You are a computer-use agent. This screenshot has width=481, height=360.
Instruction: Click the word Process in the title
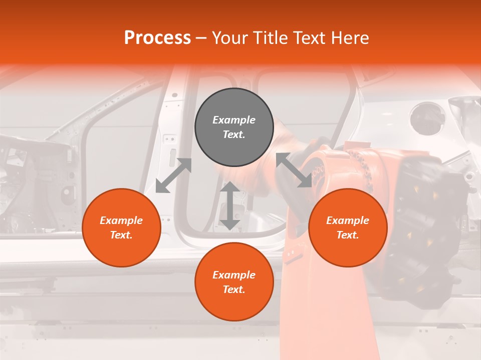(x=157, y=38)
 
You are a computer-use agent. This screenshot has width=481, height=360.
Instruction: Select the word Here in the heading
(x=350, y=38)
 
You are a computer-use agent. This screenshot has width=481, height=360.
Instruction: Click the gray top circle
(x=234, y=127)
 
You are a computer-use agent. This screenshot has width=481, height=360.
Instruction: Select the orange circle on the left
(x=121, y=227)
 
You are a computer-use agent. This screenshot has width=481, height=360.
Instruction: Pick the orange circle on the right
(x=348, y=227)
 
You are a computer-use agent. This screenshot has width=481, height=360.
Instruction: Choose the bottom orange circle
(x=234, y=281)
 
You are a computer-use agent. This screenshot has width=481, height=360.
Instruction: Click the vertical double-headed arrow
(x=229, y=205)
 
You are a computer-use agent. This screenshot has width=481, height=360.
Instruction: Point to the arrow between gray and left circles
(x=173, y=175)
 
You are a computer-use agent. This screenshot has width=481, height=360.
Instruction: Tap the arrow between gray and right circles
(x=294, y=170)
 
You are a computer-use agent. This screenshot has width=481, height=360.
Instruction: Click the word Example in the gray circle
(x=234, y=120)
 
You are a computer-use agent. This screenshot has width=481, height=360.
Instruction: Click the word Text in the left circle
(x=121, y=235)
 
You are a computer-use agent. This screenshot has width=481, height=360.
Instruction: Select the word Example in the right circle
(x=348, y=220)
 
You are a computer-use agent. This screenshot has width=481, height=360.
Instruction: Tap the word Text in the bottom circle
(x=233, y=289)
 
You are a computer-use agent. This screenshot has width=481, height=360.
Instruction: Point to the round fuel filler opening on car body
(x=427, y=118)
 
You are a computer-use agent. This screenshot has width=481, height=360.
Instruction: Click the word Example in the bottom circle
(x=234, y=275)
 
